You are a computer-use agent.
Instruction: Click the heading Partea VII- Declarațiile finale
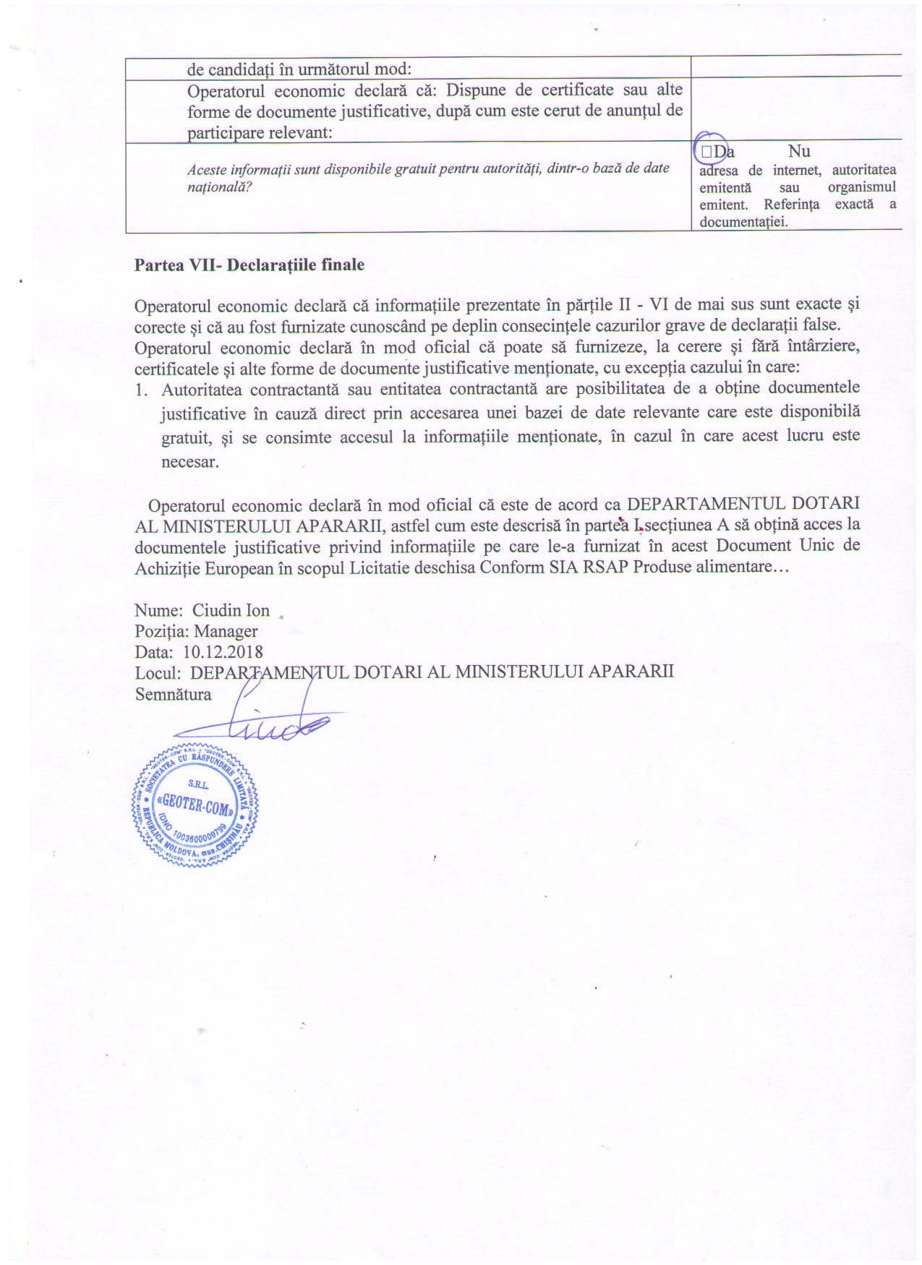click(249, 265)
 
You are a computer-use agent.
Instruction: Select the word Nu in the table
click(799, 152)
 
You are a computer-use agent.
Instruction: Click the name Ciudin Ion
click(231, 611)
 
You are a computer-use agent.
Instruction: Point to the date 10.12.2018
click(223, 653)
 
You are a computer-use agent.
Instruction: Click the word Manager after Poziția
click(226, 632)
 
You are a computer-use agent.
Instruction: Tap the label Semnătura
click(173, 695)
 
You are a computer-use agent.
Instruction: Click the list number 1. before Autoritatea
click(142, 390)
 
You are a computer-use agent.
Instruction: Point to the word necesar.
click(189, 462)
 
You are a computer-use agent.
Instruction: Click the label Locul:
click(158, 673)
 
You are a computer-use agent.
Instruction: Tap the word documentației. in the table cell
click(743, 222)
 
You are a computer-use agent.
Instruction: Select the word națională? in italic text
click(219, 187)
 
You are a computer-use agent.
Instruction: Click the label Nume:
click(158, 611)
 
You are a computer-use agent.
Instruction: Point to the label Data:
click(153, 653)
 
